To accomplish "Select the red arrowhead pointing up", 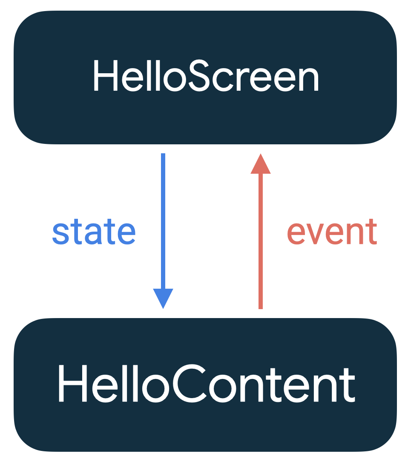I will [261, 164].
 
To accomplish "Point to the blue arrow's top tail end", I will [163, 155].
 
